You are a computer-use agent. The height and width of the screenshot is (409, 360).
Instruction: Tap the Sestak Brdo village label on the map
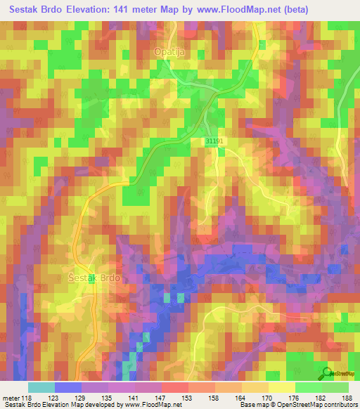pos(94,277)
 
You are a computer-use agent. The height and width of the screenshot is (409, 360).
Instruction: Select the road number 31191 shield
pos(214,141)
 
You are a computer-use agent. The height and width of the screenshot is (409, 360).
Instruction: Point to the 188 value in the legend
pos(347,398)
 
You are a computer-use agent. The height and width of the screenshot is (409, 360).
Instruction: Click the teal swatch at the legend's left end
pos(41,387)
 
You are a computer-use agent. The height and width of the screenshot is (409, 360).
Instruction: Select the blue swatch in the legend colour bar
pos(67,387)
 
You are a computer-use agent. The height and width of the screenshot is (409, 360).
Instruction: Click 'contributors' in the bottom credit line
pos(337,405)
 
